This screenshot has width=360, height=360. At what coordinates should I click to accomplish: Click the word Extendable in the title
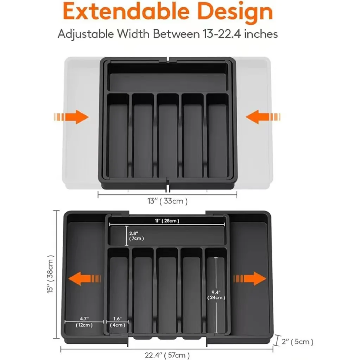point(126,12)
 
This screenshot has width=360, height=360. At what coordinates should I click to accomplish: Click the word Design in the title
point(235,13)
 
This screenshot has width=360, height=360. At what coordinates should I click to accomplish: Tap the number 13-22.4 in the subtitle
point(222,34)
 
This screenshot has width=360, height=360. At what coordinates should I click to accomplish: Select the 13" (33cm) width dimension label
point(168,201)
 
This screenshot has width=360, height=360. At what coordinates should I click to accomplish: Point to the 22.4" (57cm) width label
point(167,355)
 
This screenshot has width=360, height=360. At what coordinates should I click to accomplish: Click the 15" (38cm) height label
point(50,274)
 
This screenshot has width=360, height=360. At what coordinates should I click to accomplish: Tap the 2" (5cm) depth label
point(297,342)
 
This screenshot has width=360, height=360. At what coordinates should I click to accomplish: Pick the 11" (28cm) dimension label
point(167,221)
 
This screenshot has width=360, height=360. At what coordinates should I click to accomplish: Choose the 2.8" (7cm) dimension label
point(137,236)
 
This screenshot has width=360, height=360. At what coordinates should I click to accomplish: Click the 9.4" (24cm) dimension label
point(216,295)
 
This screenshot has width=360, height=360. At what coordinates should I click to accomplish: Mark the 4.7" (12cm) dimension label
point(84,322)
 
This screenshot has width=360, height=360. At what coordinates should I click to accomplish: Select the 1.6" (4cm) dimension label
point(117,322)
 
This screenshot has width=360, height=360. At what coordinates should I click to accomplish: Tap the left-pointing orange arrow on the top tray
point(263,117)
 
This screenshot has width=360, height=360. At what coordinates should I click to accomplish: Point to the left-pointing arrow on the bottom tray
point(84,279)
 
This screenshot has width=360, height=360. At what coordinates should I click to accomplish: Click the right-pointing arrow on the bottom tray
point(250,279)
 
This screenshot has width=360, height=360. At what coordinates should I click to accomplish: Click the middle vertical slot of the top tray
point(168,135)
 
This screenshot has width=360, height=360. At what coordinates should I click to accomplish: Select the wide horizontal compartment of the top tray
point(168,77)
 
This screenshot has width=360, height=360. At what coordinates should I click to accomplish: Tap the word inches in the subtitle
point(261,34)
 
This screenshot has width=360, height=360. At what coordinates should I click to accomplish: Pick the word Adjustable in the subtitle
point(86,34)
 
